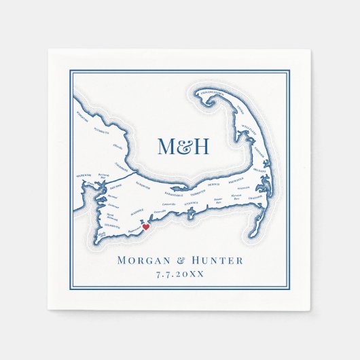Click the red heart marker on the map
coord(145,228)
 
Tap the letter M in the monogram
coord(166,146)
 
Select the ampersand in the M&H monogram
coord(183,147)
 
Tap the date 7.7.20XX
coord(180,274)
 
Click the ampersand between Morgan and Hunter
coord(180,260)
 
